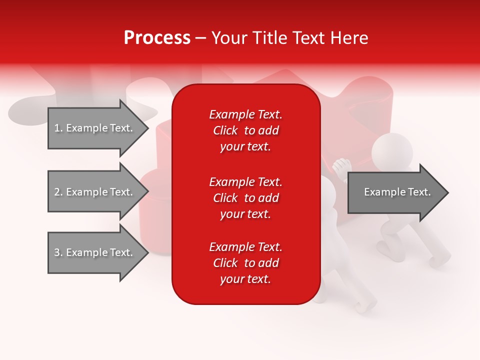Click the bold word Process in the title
click(x=157, y=38)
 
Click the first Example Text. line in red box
click(x=245, y=114)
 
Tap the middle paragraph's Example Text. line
click(x=245, y=181)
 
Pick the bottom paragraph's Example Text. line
click(x=245, y=247)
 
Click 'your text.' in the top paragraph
click(x=245, y=147)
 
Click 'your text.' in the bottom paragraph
click(x=245, y=279)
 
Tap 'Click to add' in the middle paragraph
click(x=245, y=198)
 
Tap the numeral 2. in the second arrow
click(x=58, y=192)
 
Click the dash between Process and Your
click(x=200, y=38)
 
